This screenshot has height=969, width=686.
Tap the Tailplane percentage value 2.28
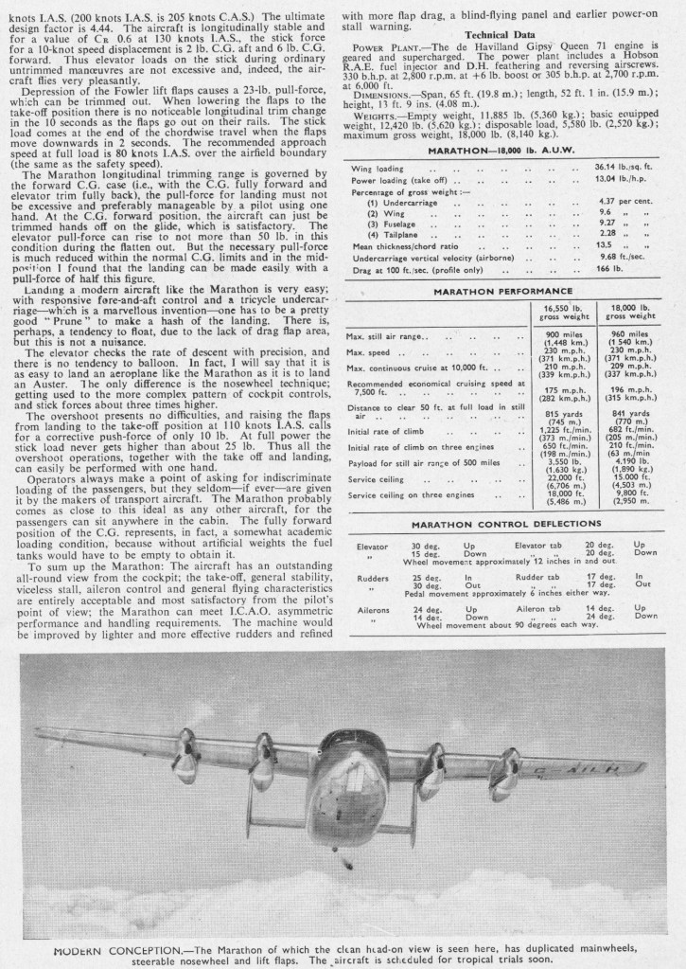tap(625, 231)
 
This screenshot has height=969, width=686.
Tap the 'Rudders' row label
tap(373, 578)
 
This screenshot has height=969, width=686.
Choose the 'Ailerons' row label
tap(374, 610)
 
